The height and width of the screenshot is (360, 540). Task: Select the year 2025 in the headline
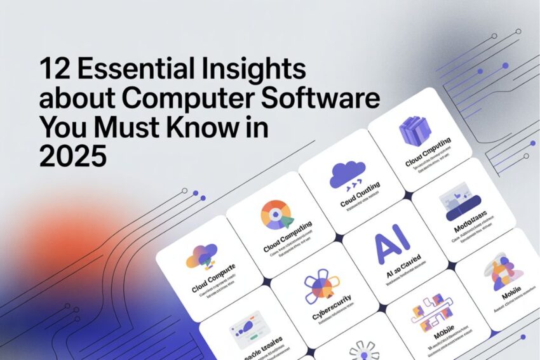coord(72,156)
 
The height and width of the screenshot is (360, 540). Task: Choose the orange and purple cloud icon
coord(202,256)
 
